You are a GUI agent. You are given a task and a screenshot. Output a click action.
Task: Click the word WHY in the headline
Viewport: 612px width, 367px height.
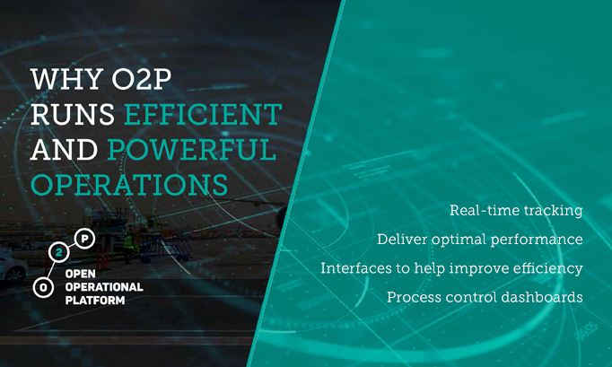[66, 79]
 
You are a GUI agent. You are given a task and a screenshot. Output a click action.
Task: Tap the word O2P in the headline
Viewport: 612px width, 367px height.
[141, 79]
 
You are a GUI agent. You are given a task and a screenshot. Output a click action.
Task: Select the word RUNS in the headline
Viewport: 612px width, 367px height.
[73, 114]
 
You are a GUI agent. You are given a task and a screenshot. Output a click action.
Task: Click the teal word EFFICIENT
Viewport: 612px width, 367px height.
[203, 114]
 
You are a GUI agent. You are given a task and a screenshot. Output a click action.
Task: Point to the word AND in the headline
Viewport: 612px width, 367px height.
[64, 150]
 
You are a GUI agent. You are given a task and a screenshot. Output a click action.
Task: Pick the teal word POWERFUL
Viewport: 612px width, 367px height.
[192, 150]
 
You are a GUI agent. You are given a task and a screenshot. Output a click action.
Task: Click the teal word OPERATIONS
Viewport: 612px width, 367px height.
[129, 184]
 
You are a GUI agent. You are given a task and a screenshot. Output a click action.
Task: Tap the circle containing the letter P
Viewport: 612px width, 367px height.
[84, 238]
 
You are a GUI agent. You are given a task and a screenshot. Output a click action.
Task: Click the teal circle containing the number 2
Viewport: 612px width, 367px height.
[59, 253]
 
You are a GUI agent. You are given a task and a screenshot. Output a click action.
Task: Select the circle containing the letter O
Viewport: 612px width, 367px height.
[43, 287]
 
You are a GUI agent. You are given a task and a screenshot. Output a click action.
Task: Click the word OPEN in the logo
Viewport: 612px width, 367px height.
[81, 274]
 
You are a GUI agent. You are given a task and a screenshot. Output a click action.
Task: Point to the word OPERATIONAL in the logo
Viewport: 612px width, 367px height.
[104, 287]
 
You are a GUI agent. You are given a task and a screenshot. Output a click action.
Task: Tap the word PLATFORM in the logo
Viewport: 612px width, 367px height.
[95, 301]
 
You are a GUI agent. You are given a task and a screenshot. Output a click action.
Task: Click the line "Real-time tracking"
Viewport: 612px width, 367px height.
[516, 211]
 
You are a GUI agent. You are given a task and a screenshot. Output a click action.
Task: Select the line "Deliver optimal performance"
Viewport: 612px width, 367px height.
[480, 240]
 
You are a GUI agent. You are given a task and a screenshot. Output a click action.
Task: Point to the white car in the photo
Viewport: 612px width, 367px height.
[13, 269]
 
